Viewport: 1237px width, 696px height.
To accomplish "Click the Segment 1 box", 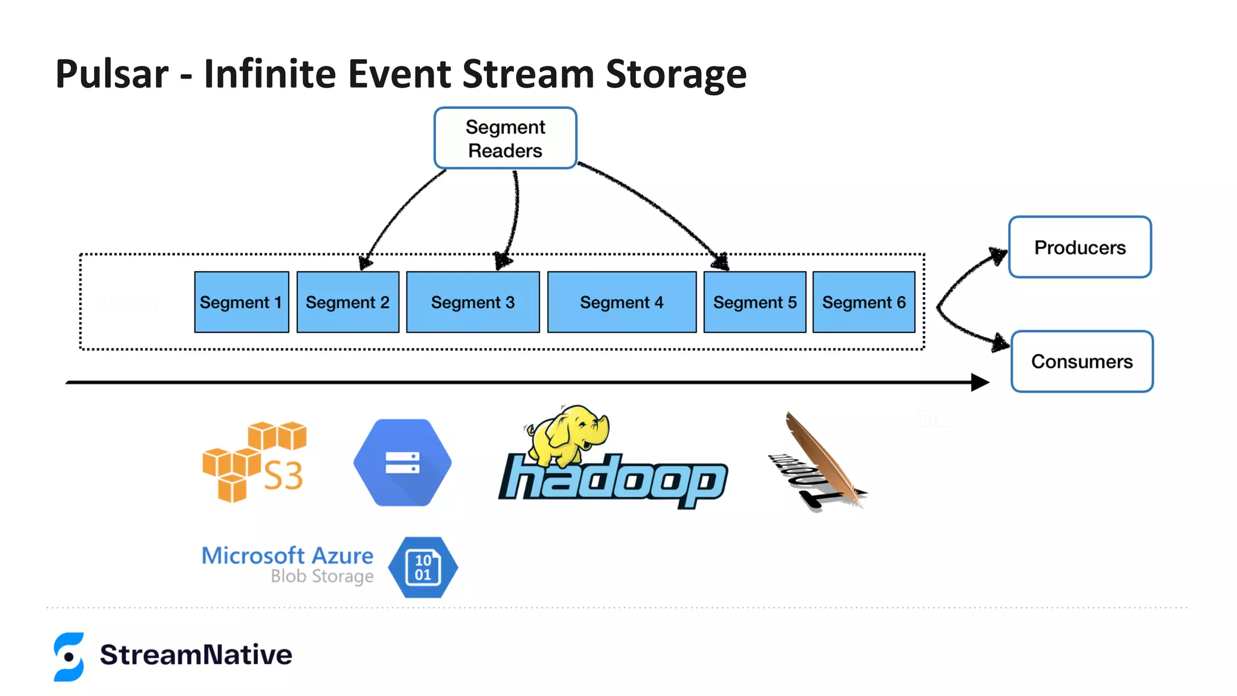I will (241, 302).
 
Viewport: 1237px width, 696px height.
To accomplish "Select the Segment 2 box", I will (347, 302).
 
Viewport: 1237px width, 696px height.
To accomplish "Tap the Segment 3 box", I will (472, 302).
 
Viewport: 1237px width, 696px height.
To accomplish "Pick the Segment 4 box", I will (622, 302).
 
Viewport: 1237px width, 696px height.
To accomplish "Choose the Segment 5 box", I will (754, 302).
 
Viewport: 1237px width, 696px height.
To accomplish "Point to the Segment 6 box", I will (864, 302).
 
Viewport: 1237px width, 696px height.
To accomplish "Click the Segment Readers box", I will (505, 138).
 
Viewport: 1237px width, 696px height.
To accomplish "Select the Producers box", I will (1079, 247).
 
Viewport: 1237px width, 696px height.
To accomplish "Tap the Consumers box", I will (1082, 361).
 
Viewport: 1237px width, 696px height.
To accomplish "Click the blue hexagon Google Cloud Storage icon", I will (402, 463).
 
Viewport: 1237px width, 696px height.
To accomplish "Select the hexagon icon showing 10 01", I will (423, 567).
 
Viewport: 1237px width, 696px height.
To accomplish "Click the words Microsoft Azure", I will (287, 555).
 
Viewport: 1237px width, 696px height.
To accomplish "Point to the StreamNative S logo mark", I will (69, 657).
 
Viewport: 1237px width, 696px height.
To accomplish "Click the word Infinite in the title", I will (269, 74).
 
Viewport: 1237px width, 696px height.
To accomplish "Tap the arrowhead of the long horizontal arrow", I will (980, 382).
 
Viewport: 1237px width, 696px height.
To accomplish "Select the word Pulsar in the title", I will (112, 74).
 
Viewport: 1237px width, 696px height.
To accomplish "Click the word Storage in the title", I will (676, 74).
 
